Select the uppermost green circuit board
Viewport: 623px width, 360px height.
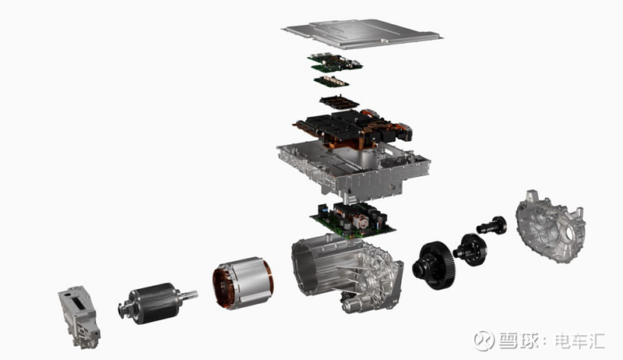point(335,62)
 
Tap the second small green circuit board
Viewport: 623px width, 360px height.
point(332,81)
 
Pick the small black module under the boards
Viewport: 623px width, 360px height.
point(339,102)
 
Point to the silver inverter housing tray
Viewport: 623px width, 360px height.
point(353,171)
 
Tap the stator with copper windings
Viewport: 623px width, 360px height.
point(243,283)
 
